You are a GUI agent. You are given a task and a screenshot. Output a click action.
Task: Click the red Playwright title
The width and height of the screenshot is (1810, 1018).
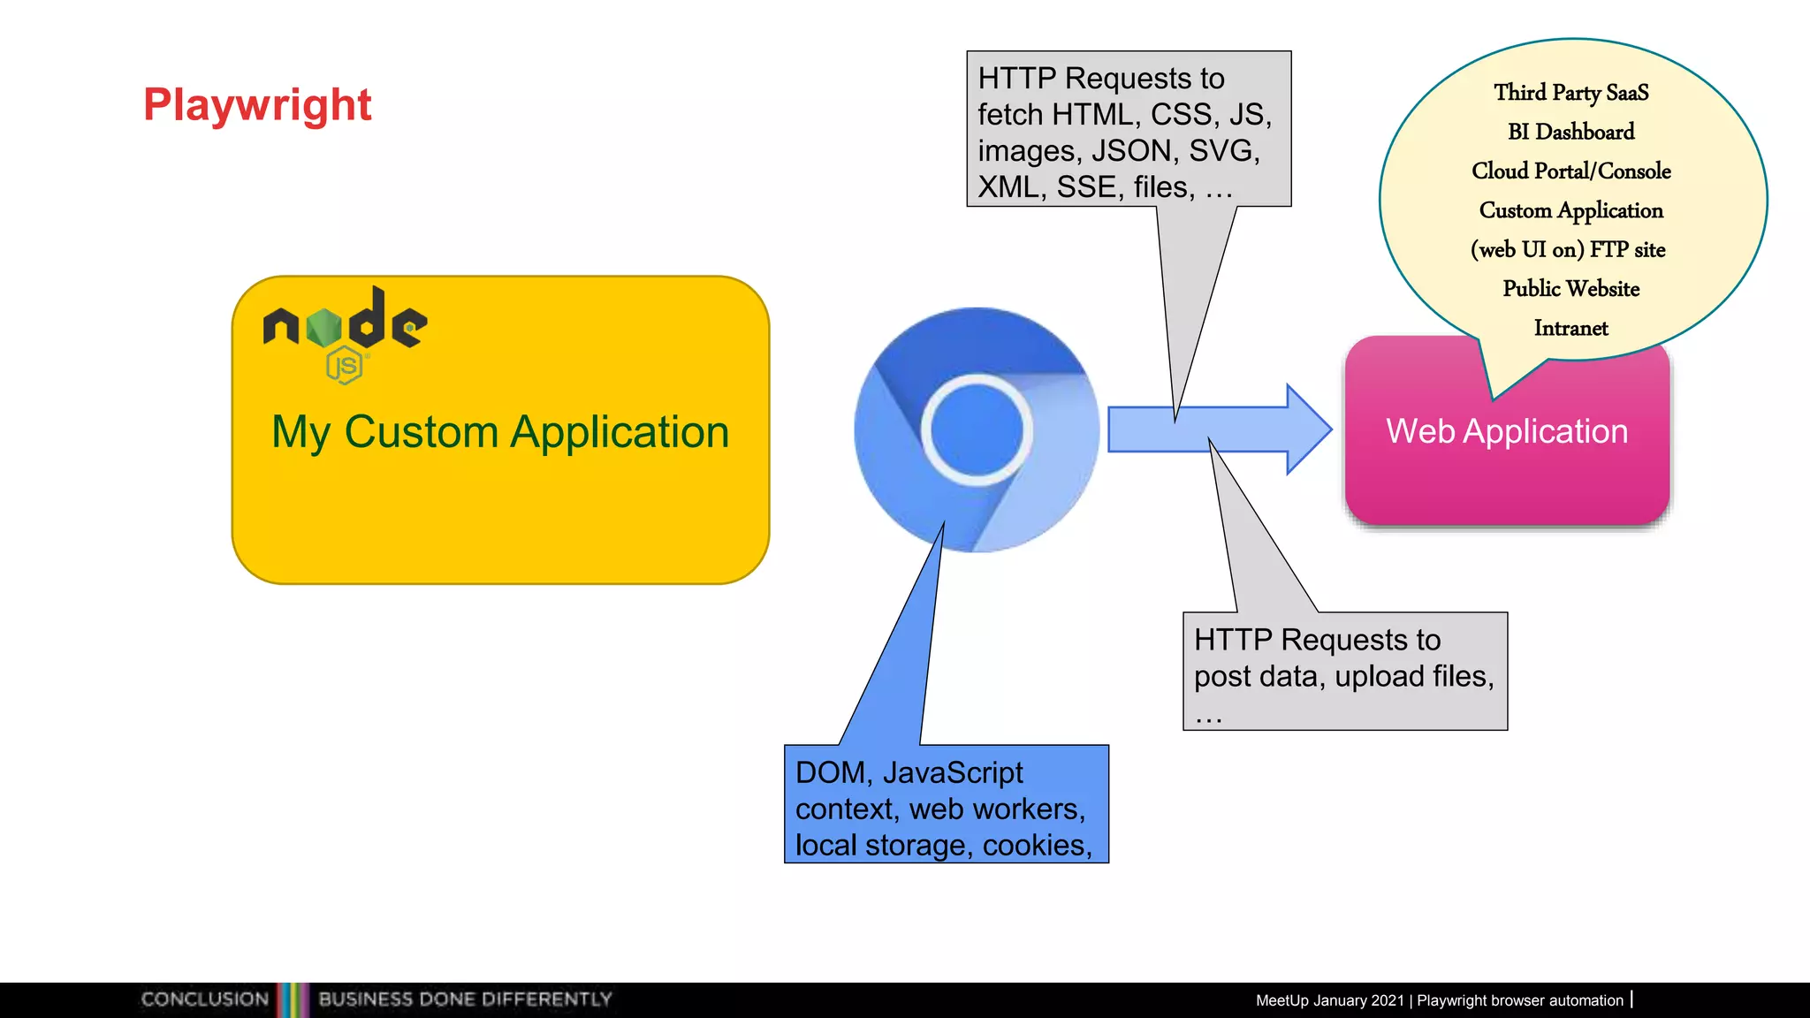257,104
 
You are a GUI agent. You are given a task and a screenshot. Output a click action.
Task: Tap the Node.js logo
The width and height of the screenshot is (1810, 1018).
345,331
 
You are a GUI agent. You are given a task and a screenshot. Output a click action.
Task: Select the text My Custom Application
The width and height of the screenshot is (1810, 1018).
500,432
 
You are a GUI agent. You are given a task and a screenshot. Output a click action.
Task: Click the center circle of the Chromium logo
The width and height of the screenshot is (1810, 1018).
977,429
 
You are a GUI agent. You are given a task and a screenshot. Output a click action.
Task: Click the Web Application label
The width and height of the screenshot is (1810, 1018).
1507,431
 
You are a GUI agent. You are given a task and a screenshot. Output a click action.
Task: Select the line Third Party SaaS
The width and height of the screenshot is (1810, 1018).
1570,93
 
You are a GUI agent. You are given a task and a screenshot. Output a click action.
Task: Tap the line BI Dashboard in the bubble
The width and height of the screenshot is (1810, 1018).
1570,132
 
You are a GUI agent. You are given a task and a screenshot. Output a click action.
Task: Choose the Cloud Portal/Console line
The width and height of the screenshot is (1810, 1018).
1570,171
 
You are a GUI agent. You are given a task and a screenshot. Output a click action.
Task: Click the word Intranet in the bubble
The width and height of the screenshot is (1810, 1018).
1570,328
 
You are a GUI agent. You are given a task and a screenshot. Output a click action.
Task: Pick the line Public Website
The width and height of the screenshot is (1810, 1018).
1570,289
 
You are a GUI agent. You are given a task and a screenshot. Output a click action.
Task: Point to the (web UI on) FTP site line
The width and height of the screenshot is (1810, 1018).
1568,249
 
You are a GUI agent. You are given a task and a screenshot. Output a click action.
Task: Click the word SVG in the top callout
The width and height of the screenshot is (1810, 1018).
1220,151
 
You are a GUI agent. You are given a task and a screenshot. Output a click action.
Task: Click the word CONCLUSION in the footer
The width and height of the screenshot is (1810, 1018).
204,999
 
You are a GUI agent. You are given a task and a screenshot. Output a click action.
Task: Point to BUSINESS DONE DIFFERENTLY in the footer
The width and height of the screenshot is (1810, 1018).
465,999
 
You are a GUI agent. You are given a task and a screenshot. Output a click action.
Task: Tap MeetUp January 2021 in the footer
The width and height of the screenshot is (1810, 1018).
1329,1000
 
